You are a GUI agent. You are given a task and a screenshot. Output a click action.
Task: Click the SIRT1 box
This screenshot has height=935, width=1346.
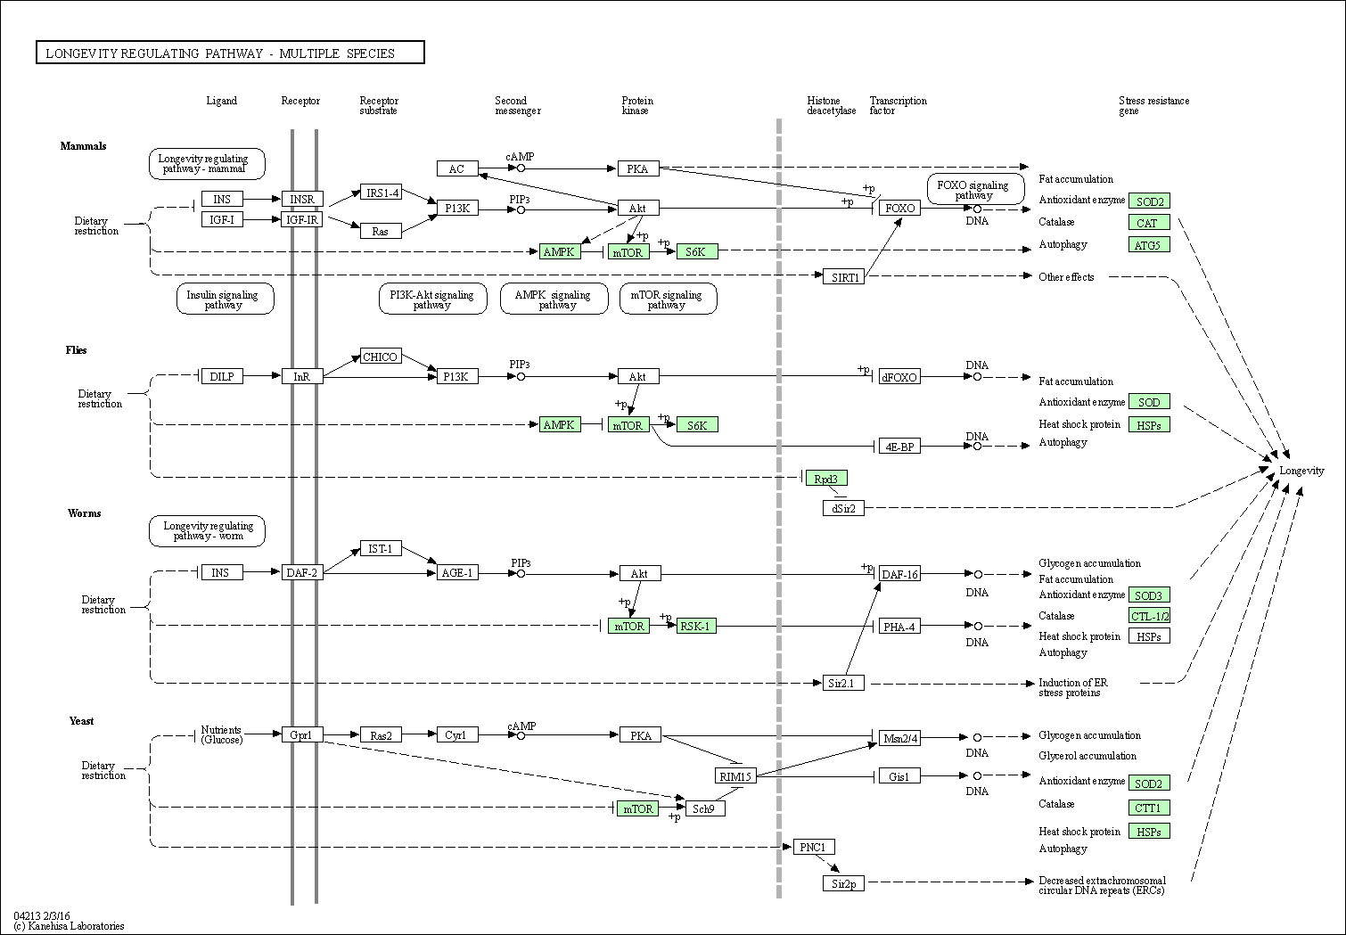tap(843, 277)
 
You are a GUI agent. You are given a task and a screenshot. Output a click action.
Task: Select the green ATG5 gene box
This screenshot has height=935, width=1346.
tap(1149, 244)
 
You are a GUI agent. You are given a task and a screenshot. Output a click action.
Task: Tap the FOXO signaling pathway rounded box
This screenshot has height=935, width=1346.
tap(975, 190)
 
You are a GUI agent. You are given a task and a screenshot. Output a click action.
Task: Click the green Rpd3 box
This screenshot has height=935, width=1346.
tap(826, 479)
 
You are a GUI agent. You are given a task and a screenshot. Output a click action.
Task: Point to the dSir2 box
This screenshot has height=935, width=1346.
tap(843, 508)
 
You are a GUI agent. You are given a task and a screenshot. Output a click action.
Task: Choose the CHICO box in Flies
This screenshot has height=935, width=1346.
tap(381, 357)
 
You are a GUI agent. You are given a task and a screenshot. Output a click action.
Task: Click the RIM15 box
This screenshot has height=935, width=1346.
tap(735, 776)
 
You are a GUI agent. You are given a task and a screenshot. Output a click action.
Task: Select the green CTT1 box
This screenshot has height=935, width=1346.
tap(1149, 808)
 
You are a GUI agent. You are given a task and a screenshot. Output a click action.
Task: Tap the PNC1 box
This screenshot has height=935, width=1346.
tap(814, 848)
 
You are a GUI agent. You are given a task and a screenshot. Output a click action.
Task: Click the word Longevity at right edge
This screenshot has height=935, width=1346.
tap(1301, 471)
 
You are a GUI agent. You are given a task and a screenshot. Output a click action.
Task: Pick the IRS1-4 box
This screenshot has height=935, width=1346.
tap(381, 193)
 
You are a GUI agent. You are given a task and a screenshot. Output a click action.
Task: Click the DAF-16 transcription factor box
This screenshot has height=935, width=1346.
tap(899, 574)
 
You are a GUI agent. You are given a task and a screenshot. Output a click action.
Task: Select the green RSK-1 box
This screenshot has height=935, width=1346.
tap(696, 626)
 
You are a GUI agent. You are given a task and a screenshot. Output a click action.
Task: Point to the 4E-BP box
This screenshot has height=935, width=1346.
tap(899, 447)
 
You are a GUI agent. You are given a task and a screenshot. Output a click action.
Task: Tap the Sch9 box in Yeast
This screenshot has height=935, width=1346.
tap(705, 808)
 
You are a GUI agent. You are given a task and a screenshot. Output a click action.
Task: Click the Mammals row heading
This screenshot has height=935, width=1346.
tap(83, 146)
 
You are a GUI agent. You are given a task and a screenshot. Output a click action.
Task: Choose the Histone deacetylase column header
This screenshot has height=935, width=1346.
tap(831, 106)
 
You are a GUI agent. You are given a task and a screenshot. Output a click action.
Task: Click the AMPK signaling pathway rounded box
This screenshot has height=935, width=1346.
tap(554, 299)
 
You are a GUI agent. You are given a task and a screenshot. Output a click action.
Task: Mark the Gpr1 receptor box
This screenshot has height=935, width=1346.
tap(302, 735)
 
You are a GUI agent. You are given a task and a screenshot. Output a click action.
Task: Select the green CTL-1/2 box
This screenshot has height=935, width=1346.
tap(1149, 616)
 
